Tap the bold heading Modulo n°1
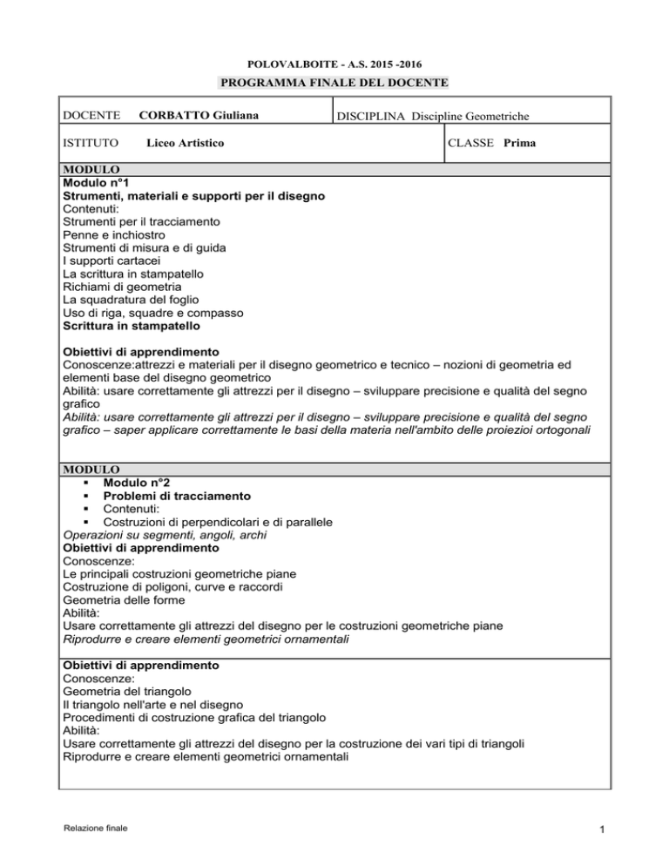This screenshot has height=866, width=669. (99, 184)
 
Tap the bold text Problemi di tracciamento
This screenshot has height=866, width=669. (178, 497)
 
